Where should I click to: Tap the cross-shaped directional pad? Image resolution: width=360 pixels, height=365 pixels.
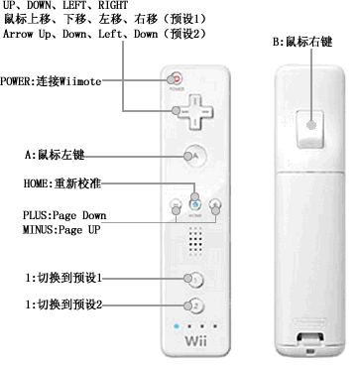click(x=195, y=111)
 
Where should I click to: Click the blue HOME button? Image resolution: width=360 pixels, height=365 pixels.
click(x=195, y=205)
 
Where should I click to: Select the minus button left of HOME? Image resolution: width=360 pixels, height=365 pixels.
click(x=176, y=205)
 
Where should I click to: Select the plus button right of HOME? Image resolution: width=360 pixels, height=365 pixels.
click(x=215, y=205)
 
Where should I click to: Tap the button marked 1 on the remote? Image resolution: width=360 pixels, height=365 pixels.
click(x=195, y=280)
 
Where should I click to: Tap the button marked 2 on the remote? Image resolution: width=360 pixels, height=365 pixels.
click(x=195, y=305)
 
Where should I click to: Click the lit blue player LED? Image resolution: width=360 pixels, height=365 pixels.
click(x=177, y=326)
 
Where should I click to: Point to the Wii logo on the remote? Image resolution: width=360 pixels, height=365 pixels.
click(x=195, y=341)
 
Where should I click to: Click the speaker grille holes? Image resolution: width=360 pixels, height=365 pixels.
click(x=195, y=240)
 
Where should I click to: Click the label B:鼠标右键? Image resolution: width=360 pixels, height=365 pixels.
click(x=302, y=43)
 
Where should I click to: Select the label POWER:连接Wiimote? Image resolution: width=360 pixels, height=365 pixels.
click(x=51, y=81)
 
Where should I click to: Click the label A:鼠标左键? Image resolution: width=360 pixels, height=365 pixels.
click(x=55, y=155)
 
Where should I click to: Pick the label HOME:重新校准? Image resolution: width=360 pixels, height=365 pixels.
click(x=62, y=183)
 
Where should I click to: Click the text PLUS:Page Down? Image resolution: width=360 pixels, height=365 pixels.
click(x=64, y=215)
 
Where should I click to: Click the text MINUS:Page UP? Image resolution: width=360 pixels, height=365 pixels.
click(x=61, y=229)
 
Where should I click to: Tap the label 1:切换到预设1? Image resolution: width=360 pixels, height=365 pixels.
click(x=63, y=278)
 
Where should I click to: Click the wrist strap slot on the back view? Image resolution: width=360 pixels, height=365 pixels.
click(x=309, y=337)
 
